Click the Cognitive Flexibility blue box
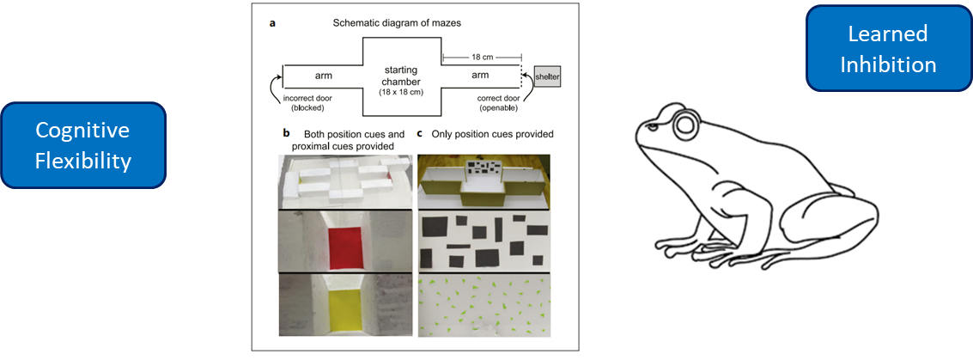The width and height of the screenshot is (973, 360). click(x=82, y=144)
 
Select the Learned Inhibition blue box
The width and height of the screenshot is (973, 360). click(x=887, y=49)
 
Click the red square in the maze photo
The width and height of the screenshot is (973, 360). click(x=349, y=236)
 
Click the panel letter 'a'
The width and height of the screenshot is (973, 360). click(x=273, y=23)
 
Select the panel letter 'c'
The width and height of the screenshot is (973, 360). click(x=420, y=133)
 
